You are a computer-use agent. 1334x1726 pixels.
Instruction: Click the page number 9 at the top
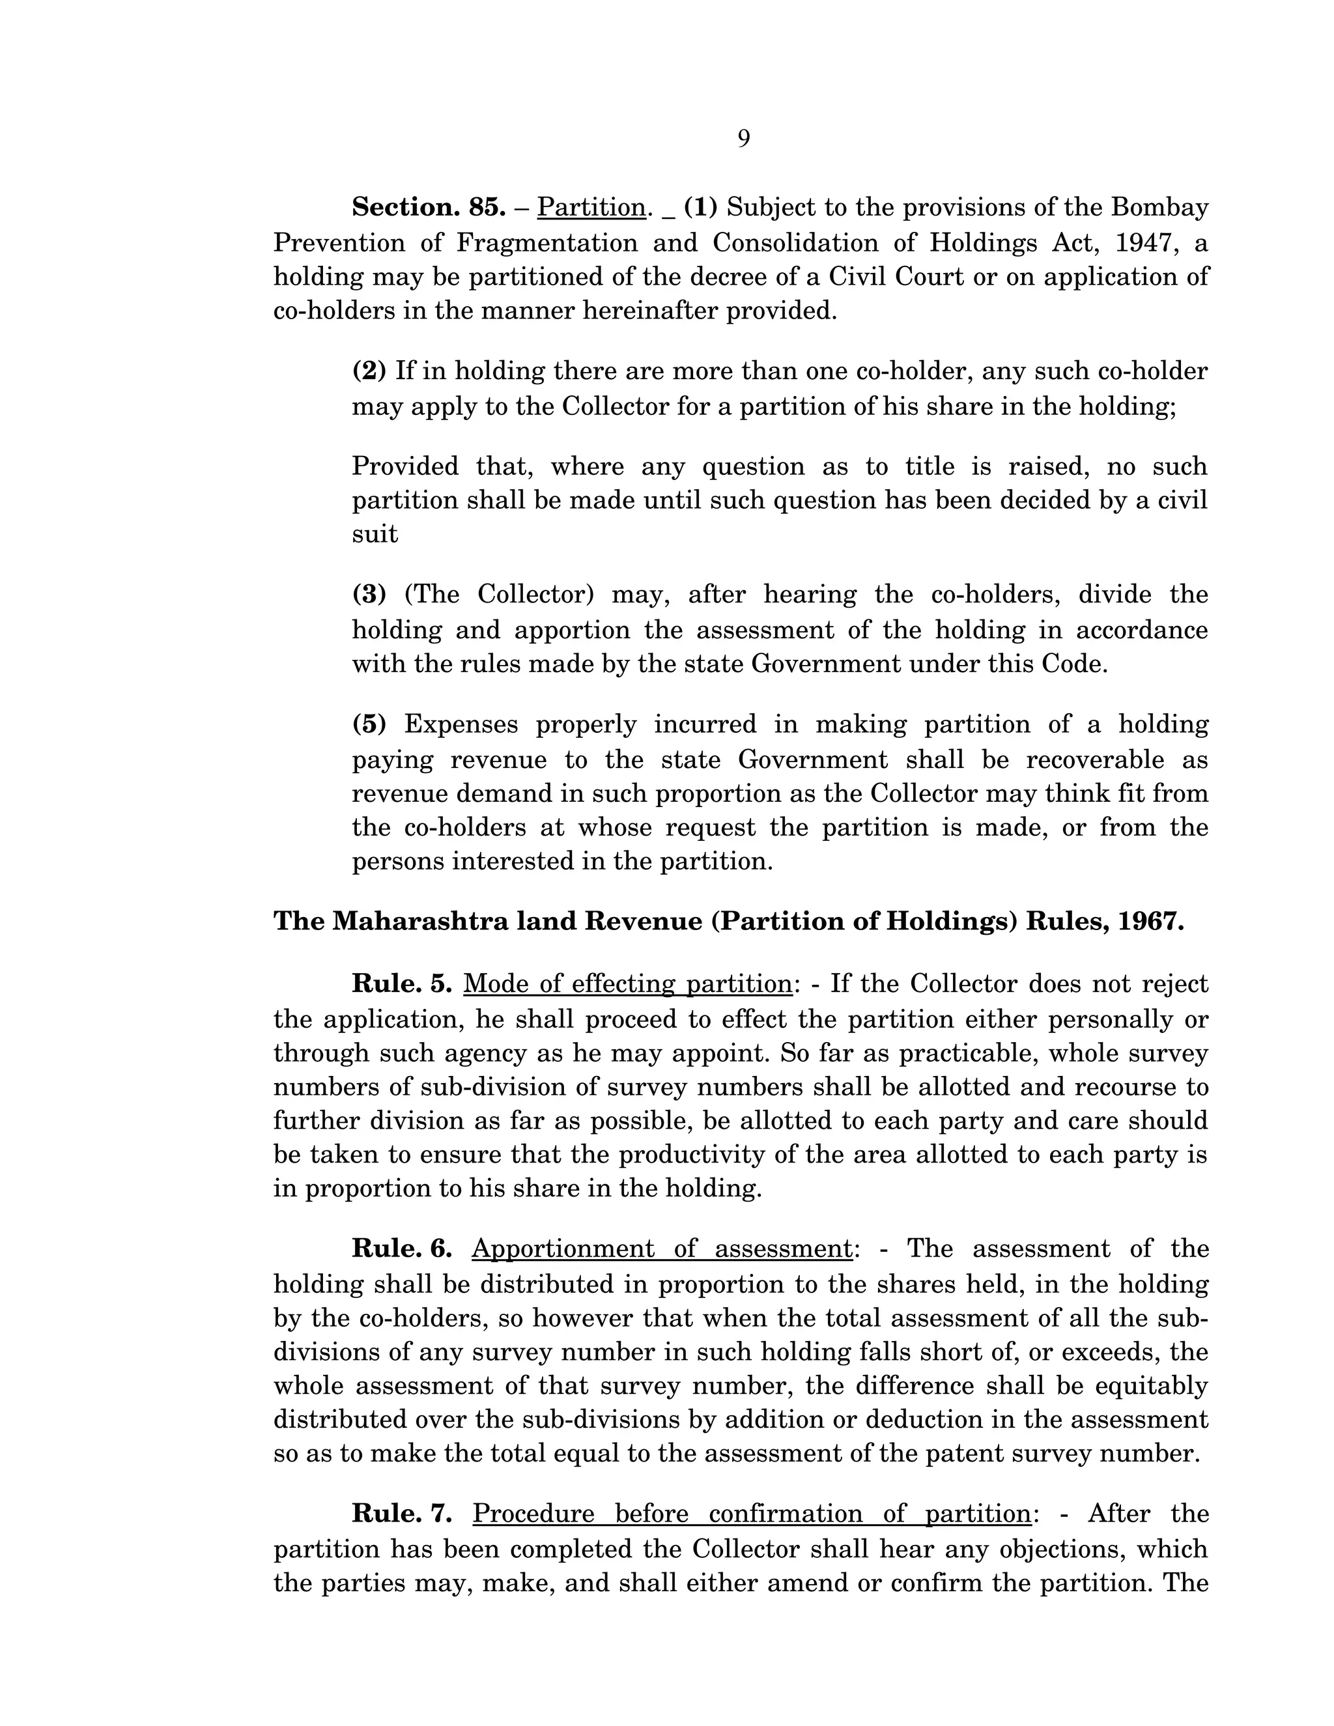point(744,139)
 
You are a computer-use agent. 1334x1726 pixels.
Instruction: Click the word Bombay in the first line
point(1159,208)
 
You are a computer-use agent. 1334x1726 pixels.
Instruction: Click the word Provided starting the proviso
point(404,466)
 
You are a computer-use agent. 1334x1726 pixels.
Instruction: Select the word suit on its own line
point(375,535)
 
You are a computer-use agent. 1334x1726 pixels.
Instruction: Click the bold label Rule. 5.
point(401,984)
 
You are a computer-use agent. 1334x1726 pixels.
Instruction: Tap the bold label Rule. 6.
point(401,1249)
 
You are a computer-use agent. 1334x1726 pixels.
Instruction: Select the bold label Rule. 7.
point(401,1514)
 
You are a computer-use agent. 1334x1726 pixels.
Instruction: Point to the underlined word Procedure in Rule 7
point(533,1514)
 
